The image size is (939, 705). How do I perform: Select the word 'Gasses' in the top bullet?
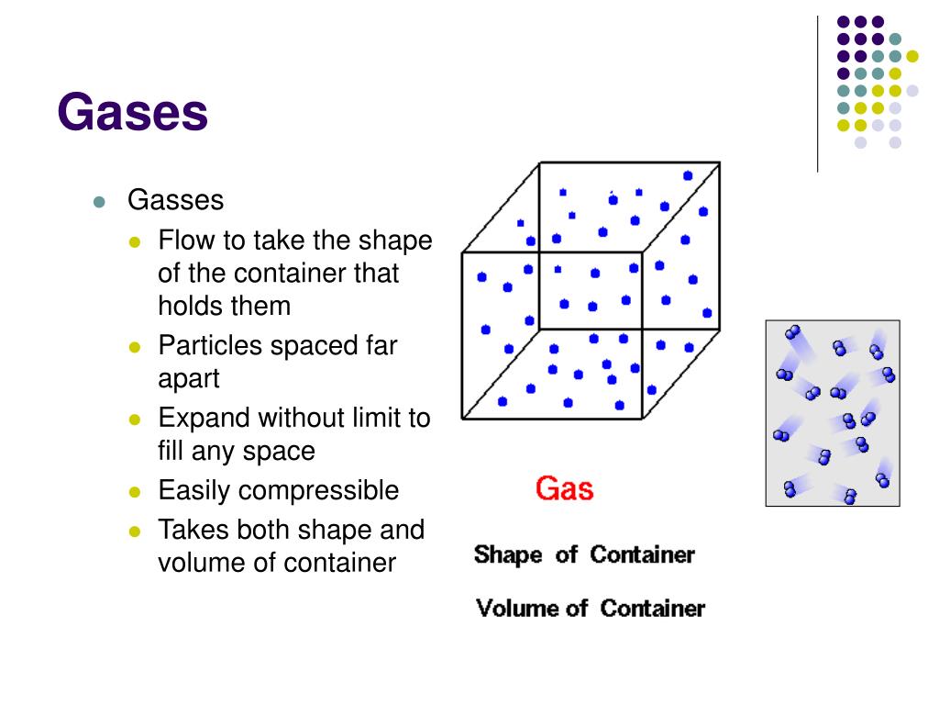click(x=175, y=200)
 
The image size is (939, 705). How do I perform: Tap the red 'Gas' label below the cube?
click(x=564, y=487)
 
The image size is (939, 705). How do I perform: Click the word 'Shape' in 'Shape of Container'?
click(x=508, y=555)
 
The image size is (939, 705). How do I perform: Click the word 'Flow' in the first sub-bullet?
click(x=186, y=241)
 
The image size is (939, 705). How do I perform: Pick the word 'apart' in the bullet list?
click(x=189, y=378)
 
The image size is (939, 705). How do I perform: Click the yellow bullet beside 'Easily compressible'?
click(x=134, y=492)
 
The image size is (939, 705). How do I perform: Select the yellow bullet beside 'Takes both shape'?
click(x=134, y=532)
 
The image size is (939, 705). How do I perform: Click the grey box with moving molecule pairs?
click(x=832, y=412)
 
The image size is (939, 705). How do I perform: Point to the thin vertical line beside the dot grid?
click(x=817, y=92)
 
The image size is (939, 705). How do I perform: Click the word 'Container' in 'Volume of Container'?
click(x=653, y=609)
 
